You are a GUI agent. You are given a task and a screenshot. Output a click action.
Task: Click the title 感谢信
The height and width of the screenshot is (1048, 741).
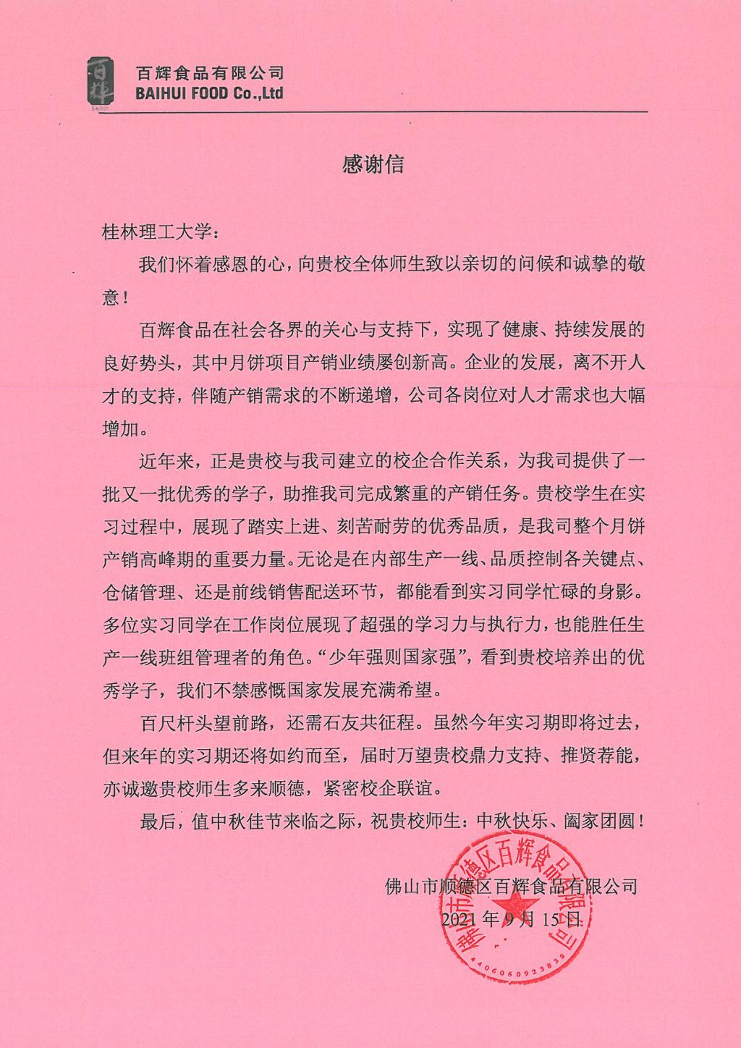(372, 165)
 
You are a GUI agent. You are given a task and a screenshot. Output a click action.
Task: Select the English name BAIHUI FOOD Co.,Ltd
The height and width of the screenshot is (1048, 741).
(210, 93)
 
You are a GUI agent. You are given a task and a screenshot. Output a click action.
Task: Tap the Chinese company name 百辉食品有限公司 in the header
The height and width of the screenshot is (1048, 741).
(210, 72)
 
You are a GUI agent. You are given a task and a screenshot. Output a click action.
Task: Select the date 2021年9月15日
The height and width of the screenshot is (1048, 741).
(511, 919)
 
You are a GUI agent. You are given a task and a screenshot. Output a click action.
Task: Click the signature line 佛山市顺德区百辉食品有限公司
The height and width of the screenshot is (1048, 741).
(512, 885)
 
